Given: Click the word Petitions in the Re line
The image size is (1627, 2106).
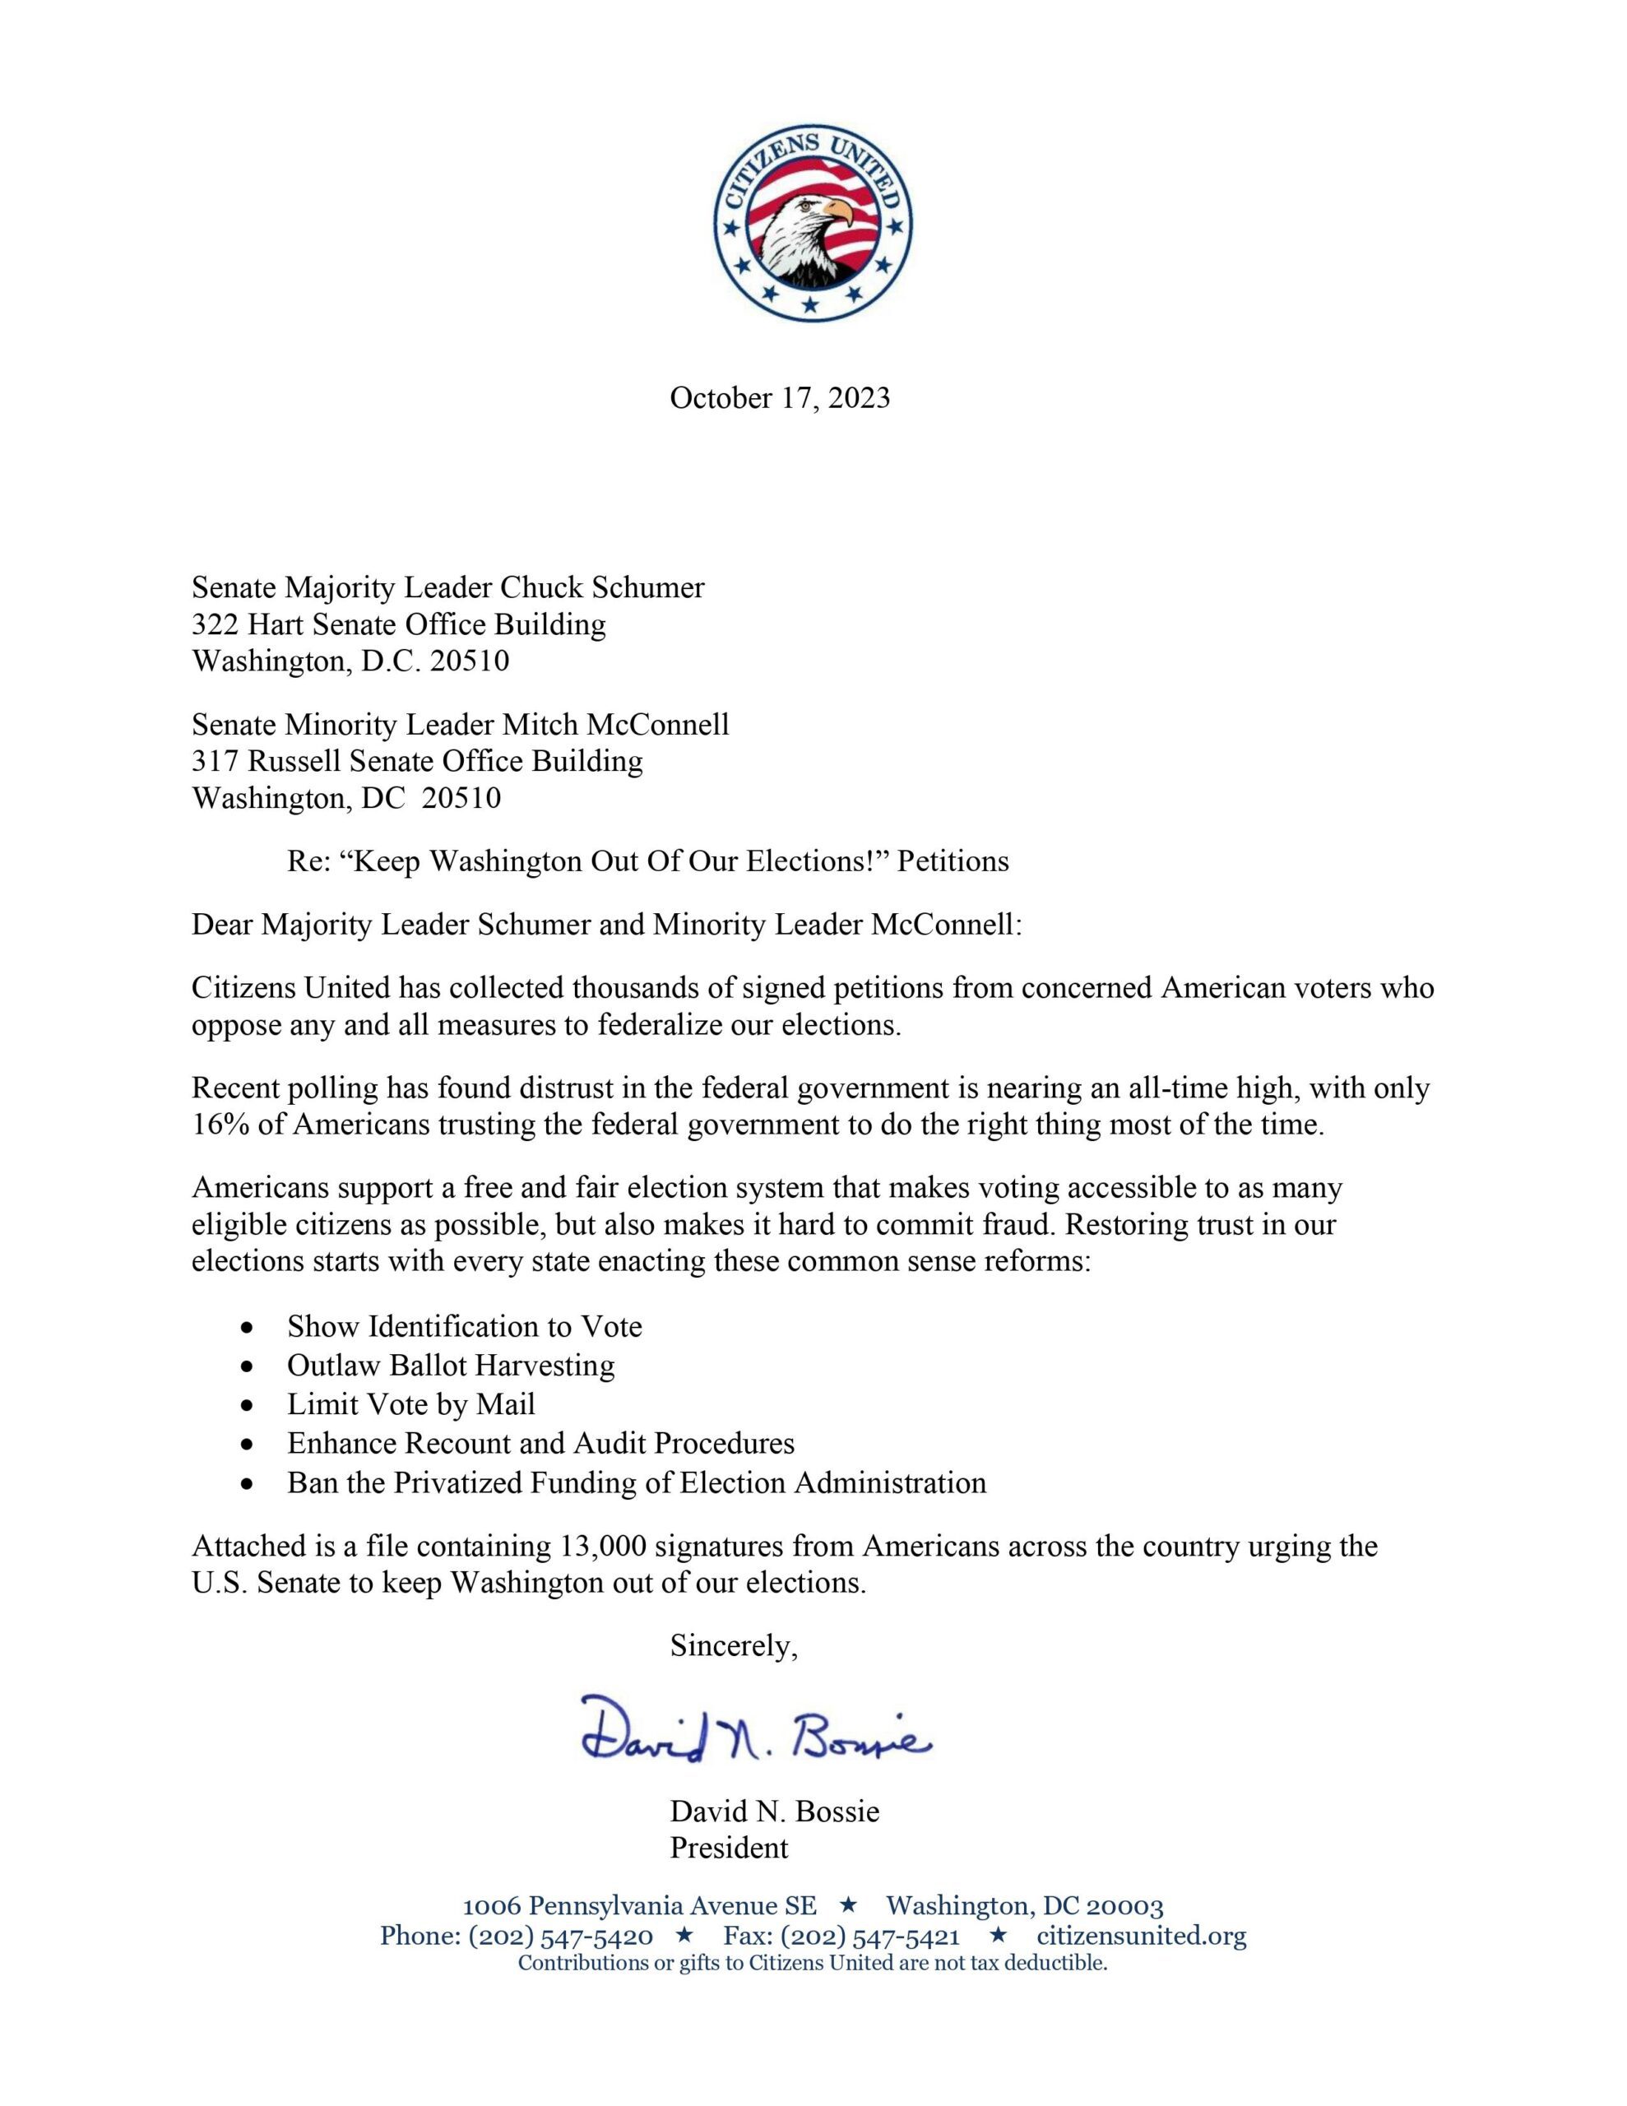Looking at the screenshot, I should click(952, 861).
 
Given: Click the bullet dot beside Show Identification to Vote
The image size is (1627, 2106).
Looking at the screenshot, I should click(250, 1328).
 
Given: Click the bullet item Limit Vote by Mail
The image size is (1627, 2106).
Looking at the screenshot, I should click(410, 1404).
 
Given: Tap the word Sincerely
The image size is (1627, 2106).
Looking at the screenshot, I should click(734, 1646).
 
